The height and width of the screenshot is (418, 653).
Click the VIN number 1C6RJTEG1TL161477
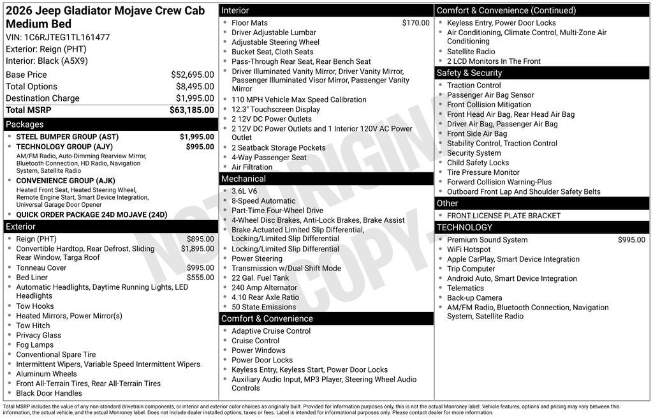click(x=67, y=37)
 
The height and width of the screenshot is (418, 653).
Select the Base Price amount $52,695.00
click(x=192, y=75)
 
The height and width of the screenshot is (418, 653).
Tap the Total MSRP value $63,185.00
click(x=191, y=110)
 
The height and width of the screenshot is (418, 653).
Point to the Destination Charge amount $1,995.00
click(x=194, y=98)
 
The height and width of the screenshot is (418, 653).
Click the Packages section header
click(x=25, y=124)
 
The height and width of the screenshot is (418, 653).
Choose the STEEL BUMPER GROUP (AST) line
click(x=67, y=137)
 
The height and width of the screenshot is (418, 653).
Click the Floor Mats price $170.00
click(x=416, y=23)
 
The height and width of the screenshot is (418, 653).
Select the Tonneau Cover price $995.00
click(x=200, y=268)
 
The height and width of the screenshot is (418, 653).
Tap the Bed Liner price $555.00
click(x=200, y=278)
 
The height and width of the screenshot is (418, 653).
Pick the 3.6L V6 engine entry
click(x=244, y=191)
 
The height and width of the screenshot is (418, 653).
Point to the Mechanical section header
click(x=244, y=179)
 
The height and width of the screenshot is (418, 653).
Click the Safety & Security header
click(x=469, y=73)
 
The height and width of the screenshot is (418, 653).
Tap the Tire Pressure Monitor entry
click(x=483, y=172)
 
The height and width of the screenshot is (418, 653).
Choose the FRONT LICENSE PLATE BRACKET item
click(x=503, y=216)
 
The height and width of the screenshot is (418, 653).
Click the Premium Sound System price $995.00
click(x=631, y=240)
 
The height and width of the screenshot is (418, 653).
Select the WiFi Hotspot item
click(x=469, y=250)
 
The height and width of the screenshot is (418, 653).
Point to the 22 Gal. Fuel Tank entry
click(x=260, y=278)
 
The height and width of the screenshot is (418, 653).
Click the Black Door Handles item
click(x=48, y=393)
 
